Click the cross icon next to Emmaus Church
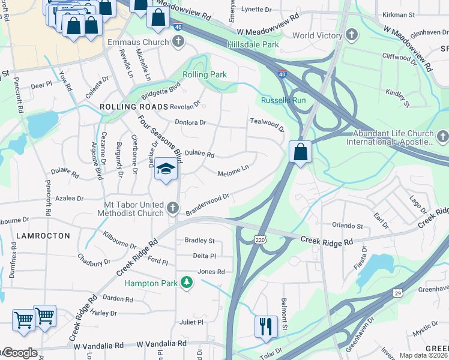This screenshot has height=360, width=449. click(178, 42)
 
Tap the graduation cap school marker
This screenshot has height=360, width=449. click(164, 169)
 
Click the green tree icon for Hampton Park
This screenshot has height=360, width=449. click(187, 283)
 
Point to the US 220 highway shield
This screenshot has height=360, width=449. click(259, 239)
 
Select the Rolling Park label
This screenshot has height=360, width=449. click(205, 74)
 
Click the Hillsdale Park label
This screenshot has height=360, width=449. click(253, 45)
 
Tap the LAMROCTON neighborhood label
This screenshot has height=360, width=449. click(43, 236)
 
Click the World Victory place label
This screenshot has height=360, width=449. click(317, 36)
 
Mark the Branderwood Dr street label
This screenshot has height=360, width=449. click(208, 205)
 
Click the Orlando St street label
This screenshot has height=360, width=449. click(348, 226)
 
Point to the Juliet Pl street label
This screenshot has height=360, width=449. click(191, 322)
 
